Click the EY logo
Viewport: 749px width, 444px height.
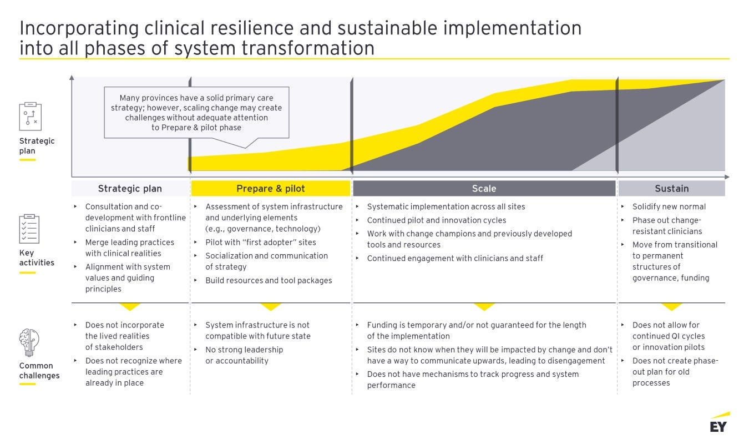pyautogui.click(x=720, y=422)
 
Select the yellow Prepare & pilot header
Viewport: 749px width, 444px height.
pyautogui.click(x=271, y=188)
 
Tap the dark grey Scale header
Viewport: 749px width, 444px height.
pyautogui.click(x=484, y=188)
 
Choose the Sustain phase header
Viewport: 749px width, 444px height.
pyautogui.click(x=671, y=188)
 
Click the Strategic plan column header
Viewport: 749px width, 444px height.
pyautogui.click(x=130, y=188)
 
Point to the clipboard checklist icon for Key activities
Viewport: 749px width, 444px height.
pyautogui.click(x=29, y=229)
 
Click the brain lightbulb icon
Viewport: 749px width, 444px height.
pyautogui.click(x=29, y=342)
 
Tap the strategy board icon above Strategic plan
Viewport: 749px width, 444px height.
pyautogui.click(x=31, y=117)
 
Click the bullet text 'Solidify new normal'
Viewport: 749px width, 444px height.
pyautogui.click(x=669, y=206)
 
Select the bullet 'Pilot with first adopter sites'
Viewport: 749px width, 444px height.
pyautogui.click(x=260, y=242)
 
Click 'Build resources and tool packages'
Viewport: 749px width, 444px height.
pyautogui.click(x=269, y=280)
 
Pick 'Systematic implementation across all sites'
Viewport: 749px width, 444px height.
pyautogui.click(x=446, y=206)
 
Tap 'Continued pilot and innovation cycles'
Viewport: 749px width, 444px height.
pyautogui.click(x=436, y=220)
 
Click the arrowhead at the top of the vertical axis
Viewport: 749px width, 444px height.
pyautogui.click(x=72, y=78)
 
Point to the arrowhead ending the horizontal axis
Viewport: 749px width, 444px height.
pyautogui.click(x=727, y=176)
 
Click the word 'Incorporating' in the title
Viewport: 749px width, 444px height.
pyautogui.click(x=79, y=28)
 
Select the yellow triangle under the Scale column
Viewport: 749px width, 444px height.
pyautogui.click(x=484, y=307)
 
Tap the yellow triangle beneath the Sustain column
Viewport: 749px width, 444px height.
pyautogui.click(x=671, y=307)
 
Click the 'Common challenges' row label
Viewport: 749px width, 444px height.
pyautogui.click(x=39, y=370)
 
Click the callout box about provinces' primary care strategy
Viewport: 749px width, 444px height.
pyautogui.click(x=196, y=113)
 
